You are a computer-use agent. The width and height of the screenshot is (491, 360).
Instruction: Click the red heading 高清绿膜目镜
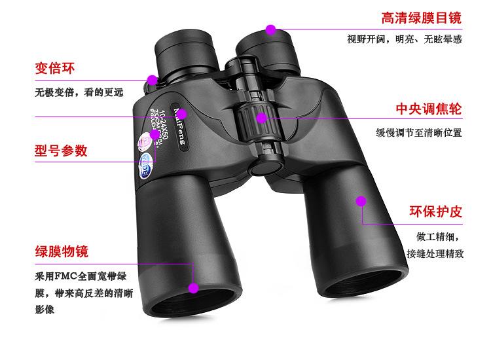point(422,18)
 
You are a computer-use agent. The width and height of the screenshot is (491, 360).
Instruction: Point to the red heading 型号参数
point(60,151)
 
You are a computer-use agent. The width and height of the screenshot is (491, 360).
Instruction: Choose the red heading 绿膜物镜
point(61,251)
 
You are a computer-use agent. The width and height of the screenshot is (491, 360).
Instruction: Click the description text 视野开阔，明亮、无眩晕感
point(405,39)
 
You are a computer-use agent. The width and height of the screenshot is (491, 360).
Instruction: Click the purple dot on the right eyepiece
point(270,29)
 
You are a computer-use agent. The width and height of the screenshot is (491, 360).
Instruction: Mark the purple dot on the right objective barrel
point(361,200)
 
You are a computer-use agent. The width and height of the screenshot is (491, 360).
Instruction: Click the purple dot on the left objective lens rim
point(193,287)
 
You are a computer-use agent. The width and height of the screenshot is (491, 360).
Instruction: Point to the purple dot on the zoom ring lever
point(153,80)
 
